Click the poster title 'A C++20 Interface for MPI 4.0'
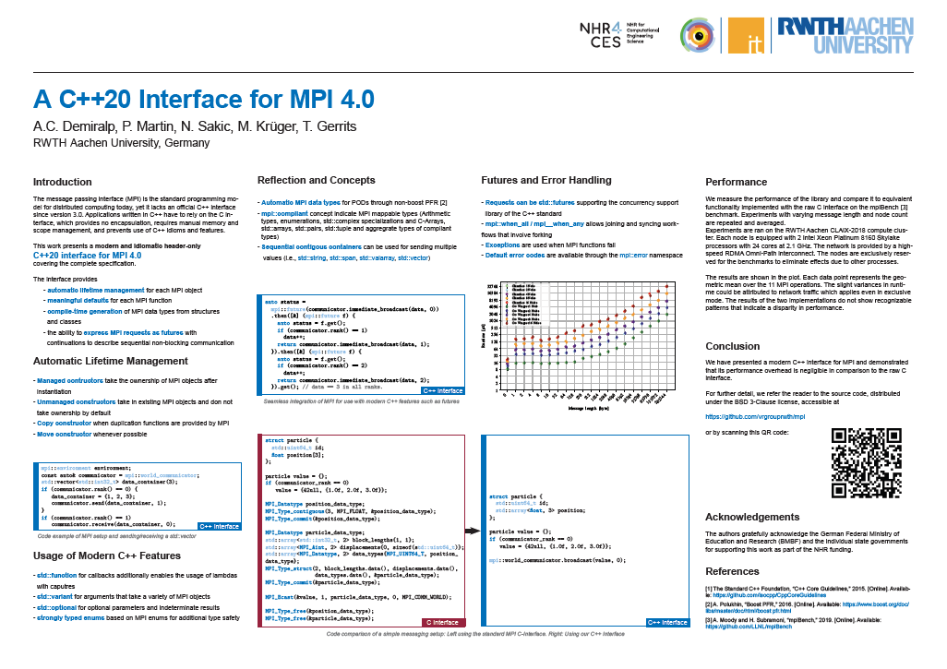click(x=204, y=100)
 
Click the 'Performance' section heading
click(x=736, y=183)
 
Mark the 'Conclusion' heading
click(x=732, y=347)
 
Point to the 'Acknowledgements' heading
click(x=752, y=517)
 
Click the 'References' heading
click(x=732, y=572)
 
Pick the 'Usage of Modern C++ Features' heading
click(x=106, y=556)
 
